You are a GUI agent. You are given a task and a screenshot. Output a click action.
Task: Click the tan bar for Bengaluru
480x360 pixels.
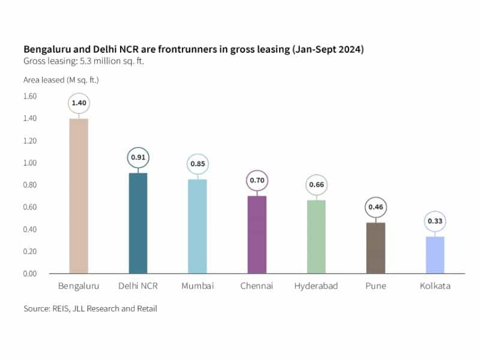point(79,196)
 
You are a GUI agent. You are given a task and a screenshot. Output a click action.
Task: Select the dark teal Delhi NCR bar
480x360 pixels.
point(138,223)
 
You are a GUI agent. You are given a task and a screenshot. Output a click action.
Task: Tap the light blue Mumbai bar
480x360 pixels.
point(197,226)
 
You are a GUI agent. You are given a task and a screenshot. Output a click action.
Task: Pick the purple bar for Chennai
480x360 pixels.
point(257,235)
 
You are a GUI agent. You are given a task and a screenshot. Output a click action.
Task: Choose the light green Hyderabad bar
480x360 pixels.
point(316,236)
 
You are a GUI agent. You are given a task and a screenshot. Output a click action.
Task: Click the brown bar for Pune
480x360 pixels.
point(376,248)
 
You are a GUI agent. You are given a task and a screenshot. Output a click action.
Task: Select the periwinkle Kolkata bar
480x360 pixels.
point(435,255)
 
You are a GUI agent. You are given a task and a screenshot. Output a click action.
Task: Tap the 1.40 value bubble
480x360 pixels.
point(79,103)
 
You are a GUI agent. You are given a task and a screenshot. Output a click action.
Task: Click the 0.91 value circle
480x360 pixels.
point(138,158)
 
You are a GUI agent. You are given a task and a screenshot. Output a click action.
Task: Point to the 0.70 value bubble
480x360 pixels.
point(257,180)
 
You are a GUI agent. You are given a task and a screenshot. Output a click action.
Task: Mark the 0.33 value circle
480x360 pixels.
point(435,221)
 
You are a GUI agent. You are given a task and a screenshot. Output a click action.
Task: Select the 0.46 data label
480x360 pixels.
point(376,207)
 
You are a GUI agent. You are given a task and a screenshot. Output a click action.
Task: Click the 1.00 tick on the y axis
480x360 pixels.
point(29,163)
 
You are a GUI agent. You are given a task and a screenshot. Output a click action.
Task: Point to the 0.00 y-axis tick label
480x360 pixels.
point(29,274)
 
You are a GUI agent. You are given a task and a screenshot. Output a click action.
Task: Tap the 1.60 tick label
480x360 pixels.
point(29,96)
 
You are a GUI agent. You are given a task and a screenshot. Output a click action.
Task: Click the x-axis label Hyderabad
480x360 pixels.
point(316,286)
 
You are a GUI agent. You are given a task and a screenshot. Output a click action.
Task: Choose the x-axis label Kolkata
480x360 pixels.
point(435,286)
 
